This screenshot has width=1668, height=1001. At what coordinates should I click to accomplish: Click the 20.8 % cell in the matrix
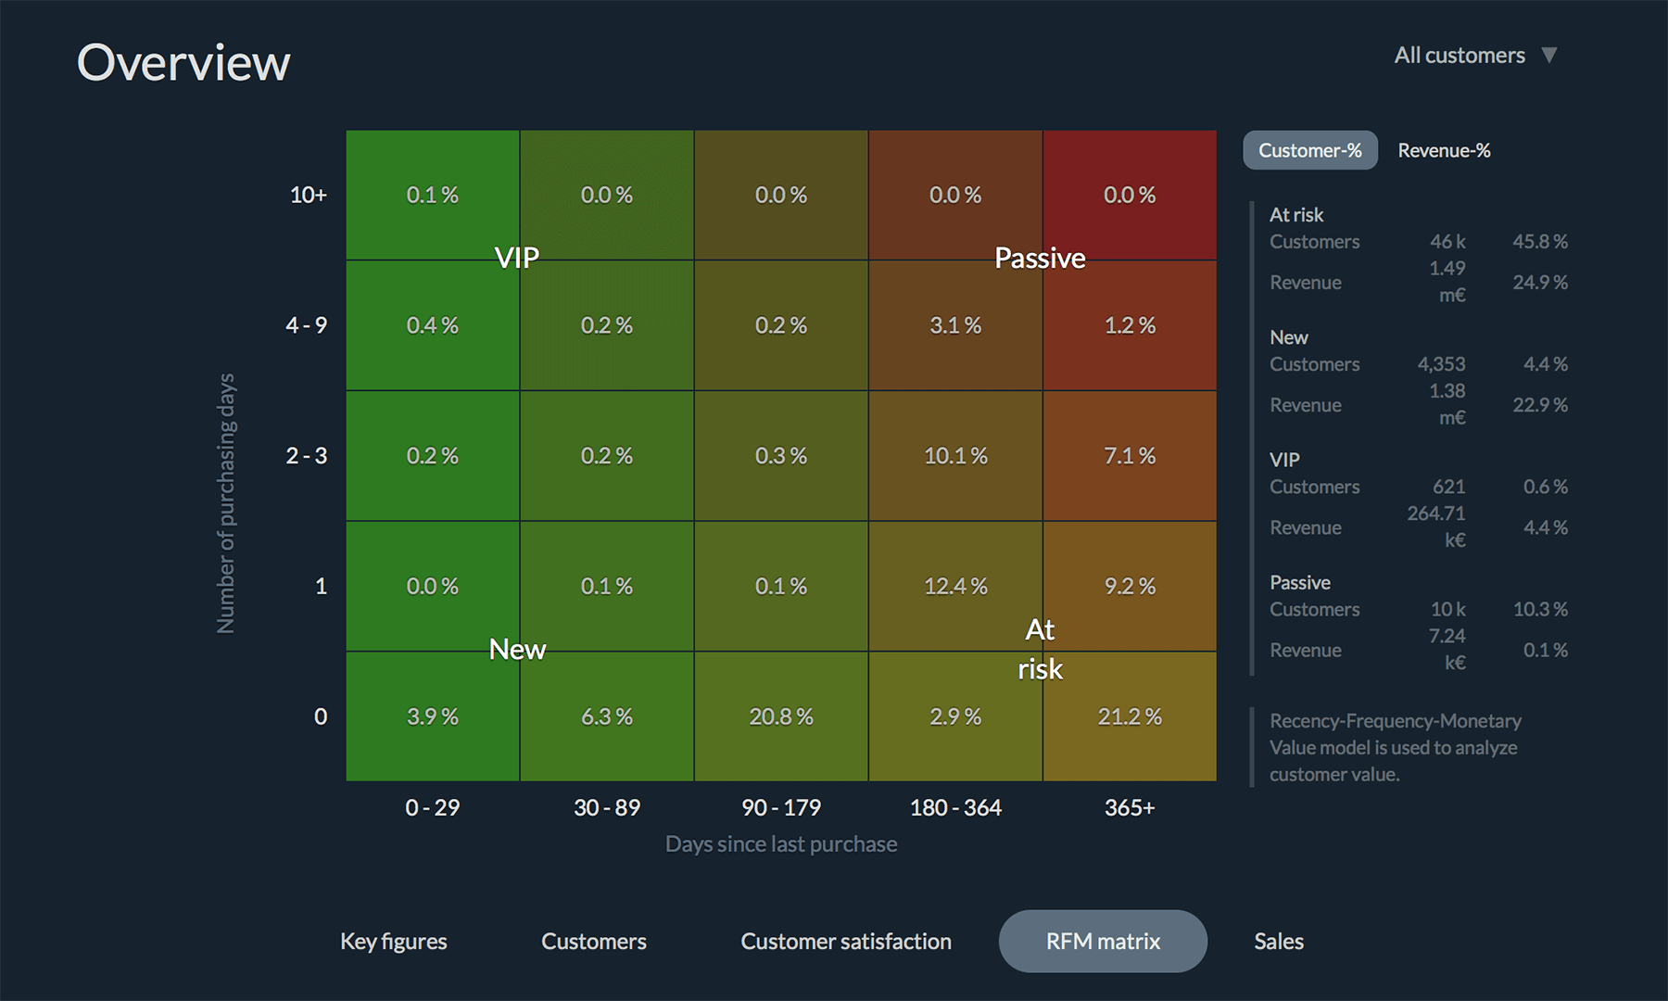[780, 716]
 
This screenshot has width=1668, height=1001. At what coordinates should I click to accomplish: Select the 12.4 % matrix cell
[955, 586]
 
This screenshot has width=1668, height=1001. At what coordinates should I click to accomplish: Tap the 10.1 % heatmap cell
[955, 455]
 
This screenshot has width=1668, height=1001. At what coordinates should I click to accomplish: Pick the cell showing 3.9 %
[433, 716]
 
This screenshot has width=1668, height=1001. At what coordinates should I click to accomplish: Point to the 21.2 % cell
[1130, 716]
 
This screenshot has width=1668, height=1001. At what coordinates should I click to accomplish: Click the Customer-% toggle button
[1309, 150]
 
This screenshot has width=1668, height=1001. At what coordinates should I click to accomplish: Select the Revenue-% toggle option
[1444, 150]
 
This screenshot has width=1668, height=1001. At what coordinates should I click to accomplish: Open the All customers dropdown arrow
[1549, 56]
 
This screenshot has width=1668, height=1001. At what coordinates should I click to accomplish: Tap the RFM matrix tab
[1103, 941]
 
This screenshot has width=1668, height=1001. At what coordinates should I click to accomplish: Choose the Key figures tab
[393, 941]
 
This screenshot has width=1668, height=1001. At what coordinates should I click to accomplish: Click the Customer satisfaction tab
[845, 941]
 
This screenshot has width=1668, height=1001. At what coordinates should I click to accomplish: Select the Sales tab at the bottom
[1278, 941]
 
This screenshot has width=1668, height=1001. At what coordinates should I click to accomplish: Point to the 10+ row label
[308, 195]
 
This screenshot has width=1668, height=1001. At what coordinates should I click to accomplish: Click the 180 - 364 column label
[955, 807]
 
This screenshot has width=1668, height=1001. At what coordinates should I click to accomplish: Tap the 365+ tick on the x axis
[1130, 807]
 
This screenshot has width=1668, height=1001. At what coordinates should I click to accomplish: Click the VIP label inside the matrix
[516, 258]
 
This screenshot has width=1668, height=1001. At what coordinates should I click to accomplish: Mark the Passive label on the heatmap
[1040, 258]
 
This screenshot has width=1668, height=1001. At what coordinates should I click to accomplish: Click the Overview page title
[183, 63]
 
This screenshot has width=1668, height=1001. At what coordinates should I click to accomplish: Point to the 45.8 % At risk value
[1539, 242]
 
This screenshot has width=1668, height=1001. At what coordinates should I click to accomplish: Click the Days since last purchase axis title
[780, 844]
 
